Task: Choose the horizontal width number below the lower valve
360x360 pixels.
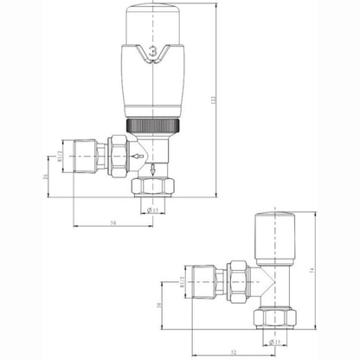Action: pyautogui.click(x=234, y=353)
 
